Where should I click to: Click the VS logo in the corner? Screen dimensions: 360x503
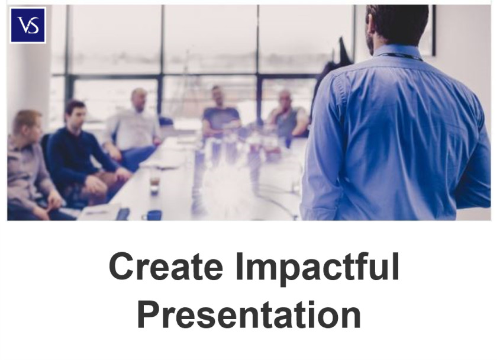coord(28,25)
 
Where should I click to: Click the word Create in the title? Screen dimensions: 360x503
coord(166,266)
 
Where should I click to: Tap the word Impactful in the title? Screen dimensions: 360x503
coord(317,268)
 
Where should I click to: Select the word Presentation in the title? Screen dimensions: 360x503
coord(249,314)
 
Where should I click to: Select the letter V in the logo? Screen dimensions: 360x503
coord(24,25)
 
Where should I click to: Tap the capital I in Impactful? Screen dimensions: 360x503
coord(238,266)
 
